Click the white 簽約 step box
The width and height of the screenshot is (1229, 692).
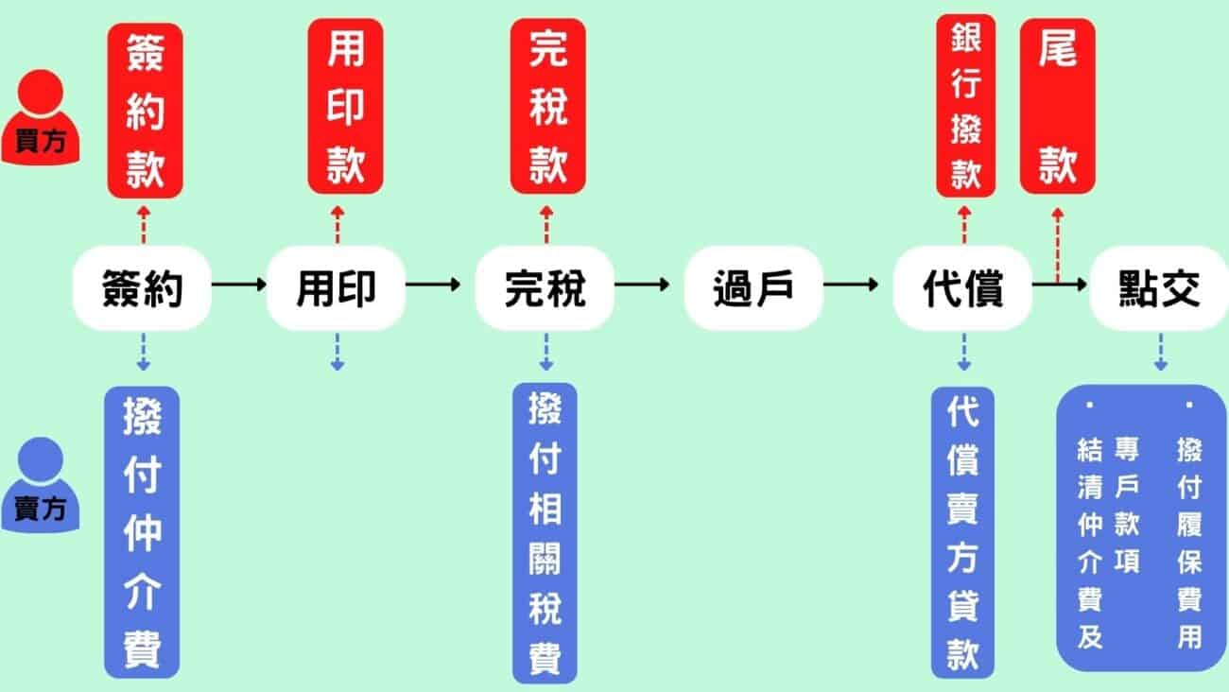click(142, 288)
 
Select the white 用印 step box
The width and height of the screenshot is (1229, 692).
click(337, 288)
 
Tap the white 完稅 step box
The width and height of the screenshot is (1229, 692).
click(545, 288)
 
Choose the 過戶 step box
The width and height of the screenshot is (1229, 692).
click(753, 288)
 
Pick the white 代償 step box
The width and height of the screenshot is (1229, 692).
click(962, 288)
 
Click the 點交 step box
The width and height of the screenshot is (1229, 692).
click(1158, 288)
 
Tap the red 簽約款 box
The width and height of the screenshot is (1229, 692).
click(144, 110)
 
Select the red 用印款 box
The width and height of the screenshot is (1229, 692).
click(345, 106)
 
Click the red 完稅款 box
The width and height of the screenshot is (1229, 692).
click(547, 106)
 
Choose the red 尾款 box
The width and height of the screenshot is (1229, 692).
click(1058, 106)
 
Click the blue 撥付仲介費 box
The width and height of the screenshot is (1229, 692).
click(142, 531)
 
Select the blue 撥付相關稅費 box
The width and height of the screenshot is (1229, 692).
click(545, 532)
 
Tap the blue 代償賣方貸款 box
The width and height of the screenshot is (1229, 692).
click(962, 531)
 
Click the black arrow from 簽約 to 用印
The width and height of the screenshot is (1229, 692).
click(238, 284)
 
